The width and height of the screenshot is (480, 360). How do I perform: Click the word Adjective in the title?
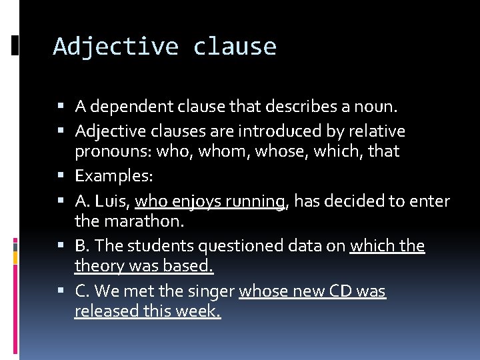[116, 47]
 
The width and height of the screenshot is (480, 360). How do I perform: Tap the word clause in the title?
[235, 47]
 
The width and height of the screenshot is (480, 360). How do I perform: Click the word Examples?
[114, 176]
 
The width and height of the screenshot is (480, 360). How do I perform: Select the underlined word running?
[256, 201]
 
